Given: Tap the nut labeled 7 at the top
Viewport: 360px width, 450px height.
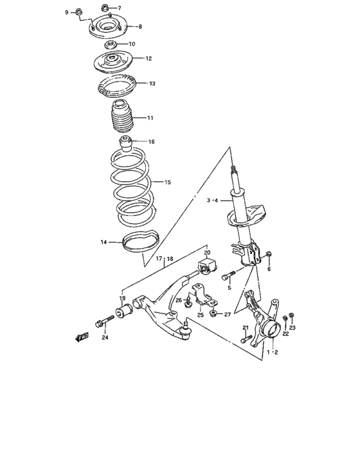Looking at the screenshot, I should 105,8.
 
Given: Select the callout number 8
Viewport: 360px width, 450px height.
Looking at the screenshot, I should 139,26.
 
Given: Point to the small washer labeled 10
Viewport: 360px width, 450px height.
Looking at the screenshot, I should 111,44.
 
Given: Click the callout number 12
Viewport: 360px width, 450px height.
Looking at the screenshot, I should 148,59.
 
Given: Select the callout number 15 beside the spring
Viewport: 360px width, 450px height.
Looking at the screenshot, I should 168,183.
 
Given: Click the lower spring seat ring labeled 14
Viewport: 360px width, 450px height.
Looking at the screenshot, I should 140,244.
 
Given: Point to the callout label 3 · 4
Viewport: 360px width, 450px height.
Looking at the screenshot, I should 213,201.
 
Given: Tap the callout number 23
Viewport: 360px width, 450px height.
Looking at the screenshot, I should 292,327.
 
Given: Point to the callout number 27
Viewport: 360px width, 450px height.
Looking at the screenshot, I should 227,314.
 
